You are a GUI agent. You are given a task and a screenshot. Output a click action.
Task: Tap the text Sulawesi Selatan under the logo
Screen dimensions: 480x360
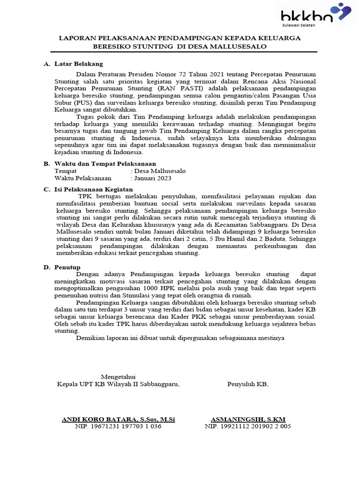click(298, 25)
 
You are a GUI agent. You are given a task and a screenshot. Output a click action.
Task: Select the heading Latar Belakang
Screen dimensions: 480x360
click(78, 64)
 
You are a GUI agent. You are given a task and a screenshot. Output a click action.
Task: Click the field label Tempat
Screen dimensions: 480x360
click(66, 171)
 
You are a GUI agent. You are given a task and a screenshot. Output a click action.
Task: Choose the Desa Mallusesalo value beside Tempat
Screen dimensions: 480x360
click(160, 171)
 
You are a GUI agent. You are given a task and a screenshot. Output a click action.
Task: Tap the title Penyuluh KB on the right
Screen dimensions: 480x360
click(247, 384)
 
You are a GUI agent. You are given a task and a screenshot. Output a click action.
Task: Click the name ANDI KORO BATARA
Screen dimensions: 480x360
click(100, 419)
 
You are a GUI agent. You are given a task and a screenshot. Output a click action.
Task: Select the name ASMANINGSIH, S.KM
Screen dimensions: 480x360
click(248, 419)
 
